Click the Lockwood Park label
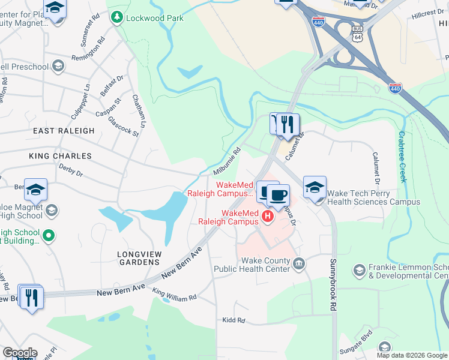154,18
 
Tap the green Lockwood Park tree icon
116,18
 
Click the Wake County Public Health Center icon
298,263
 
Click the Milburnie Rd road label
227,161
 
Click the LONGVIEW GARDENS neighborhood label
139,257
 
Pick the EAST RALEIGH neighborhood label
64,131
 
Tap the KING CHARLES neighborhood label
60,156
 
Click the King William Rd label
174,295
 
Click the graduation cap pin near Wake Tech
315,187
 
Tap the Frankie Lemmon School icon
359,271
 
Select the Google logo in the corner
19,353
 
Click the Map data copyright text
412,355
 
